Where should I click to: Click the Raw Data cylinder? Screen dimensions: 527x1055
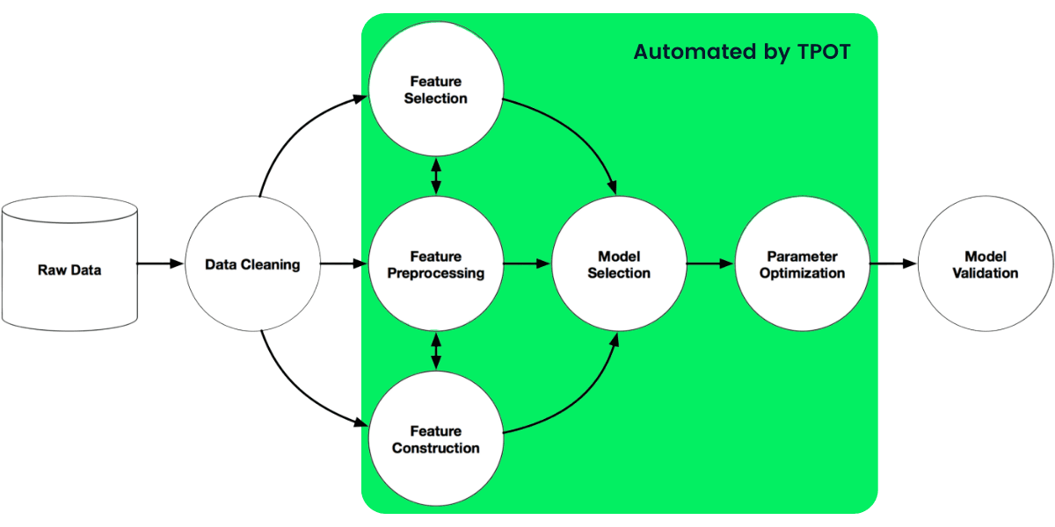pos(69,264)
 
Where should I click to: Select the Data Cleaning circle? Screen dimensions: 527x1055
pos(252,264)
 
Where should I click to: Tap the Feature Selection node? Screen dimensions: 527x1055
pos(435,90)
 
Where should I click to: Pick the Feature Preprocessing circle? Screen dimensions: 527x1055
pos(435,264)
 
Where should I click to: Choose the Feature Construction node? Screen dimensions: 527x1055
pos(435,439)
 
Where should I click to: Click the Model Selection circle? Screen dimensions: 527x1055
pos(619,264)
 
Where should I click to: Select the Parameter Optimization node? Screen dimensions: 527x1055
pos(802,264)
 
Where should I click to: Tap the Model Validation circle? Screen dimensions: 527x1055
pos(985,264)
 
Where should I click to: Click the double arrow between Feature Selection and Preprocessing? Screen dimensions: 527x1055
pos(435,177)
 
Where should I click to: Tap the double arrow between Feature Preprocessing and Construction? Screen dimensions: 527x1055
pos(435,351)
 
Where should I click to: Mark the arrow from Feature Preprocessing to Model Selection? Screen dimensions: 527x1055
pos(526,263)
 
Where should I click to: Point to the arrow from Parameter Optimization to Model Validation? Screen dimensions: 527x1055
pos(893,263)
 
